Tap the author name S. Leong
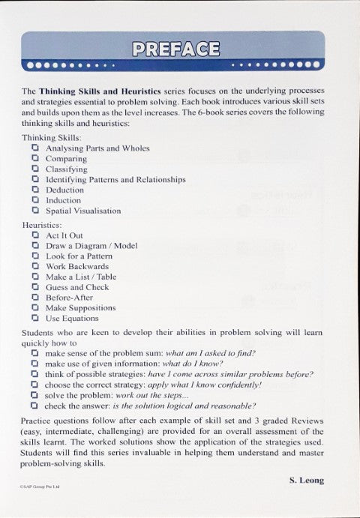point(307,479)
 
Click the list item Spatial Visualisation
point(82,211)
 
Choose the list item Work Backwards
point(77,266)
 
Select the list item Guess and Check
point(77,287)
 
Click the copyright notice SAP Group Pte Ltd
point(40,487)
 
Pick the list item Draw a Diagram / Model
point(91,246)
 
